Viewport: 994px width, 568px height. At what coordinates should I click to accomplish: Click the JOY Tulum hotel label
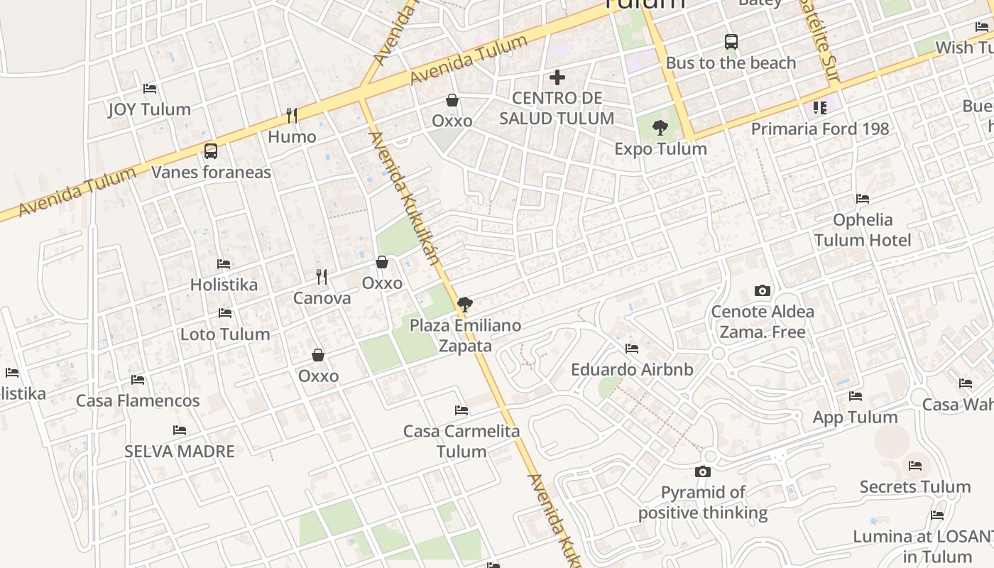point(149,109)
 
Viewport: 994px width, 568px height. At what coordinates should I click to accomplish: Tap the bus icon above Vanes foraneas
point(211,151)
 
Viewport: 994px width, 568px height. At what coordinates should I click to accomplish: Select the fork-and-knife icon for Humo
point(291,114)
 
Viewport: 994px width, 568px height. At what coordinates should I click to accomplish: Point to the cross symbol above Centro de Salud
point(557,77)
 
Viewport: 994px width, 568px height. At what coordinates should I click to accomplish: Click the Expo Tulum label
point(660,148)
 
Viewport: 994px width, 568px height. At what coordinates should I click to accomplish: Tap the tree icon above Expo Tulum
point(660,128)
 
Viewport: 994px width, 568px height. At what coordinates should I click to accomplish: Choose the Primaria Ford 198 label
point(820,129)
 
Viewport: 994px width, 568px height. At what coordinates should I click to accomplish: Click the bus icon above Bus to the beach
point(731,42)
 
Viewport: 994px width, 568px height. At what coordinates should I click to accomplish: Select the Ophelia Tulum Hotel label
point(863,229)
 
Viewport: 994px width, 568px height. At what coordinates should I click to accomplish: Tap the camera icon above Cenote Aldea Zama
point(763,290)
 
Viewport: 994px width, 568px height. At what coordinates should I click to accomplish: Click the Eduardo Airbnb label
point(632,369)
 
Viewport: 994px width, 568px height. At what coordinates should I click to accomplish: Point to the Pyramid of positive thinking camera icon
point(703,471)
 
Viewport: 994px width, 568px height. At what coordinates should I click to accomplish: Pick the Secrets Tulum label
point(914,486)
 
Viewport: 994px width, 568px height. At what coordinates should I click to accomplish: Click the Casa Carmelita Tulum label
point(461,441)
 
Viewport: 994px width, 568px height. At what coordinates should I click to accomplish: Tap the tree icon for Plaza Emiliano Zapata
point(465,305)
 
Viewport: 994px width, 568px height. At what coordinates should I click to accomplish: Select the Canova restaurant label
point(322,297)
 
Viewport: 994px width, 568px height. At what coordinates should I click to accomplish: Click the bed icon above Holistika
point(224,264)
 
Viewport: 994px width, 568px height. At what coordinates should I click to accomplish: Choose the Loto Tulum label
point(225,334)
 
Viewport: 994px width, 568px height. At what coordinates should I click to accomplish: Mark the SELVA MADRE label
point(180,451)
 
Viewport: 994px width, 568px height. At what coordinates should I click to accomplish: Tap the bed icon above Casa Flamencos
point(138,380)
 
